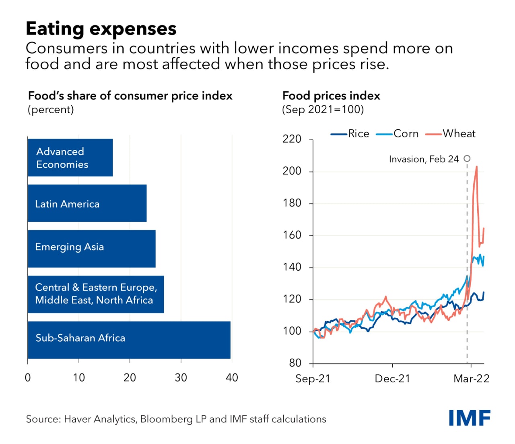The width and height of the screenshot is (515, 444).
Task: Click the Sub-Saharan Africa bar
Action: pos(129,340)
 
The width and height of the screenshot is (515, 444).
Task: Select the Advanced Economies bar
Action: pos(70,158)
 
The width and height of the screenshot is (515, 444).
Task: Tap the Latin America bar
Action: pos(87,203)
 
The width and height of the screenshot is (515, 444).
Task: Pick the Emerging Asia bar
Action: pos(91,249)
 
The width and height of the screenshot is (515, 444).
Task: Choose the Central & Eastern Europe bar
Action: pos(96,294)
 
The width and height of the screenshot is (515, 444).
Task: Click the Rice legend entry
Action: pos(350,134)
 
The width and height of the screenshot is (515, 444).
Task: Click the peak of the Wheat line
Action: pos(477,166)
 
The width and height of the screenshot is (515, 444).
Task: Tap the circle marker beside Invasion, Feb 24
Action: pos(467,158)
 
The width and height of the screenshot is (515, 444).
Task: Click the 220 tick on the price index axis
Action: pos(292,139)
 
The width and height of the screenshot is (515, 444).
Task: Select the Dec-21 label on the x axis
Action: pos(392,379)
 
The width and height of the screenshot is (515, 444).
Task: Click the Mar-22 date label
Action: pos(472,379)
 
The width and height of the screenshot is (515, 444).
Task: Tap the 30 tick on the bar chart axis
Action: pos(181,378)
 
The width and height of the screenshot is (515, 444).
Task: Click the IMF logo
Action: pos(470,418)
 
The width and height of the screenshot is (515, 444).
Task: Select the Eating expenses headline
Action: pos(101,29)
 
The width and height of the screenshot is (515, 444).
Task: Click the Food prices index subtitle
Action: pos(331,96)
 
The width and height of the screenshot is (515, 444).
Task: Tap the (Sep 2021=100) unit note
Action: pos(323,110)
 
